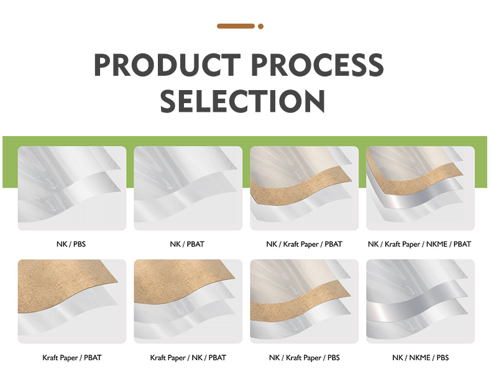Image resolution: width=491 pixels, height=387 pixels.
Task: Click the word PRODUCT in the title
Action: (x=168, y=65)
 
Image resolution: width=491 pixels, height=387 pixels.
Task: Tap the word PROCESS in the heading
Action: (x=317, y=65)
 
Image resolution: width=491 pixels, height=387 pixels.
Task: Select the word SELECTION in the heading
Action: (x=242, y=101)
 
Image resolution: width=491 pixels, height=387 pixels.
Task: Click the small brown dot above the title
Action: (x=260, y=26)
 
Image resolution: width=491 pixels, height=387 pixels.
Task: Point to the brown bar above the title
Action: (x=236, y=26)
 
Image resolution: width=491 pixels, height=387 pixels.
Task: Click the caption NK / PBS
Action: (x=71, y=244)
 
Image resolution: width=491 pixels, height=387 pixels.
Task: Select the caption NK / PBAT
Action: (x=187, y=244)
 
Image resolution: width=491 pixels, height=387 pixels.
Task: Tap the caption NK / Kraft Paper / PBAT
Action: (x=304, y=244)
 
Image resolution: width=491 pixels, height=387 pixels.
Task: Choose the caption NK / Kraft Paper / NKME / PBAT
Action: (x=420, y=244)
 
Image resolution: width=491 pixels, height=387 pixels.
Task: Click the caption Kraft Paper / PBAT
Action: (x=72, y=358)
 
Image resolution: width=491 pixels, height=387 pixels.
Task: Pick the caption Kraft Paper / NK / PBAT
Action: (x=188, y=358)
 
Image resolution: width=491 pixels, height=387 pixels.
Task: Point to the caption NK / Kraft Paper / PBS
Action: (x=304, y=358)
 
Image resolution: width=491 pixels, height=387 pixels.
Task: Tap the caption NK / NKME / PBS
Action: (x=420, y=358)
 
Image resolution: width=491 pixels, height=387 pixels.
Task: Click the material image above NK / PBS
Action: (x=72, y=188)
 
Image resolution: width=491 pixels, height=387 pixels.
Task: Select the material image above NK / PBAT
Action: (x=188, y=188)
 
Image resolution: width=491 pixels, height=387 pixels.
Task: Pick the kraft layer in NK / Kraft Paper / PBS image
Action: (x=301, y=301)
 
